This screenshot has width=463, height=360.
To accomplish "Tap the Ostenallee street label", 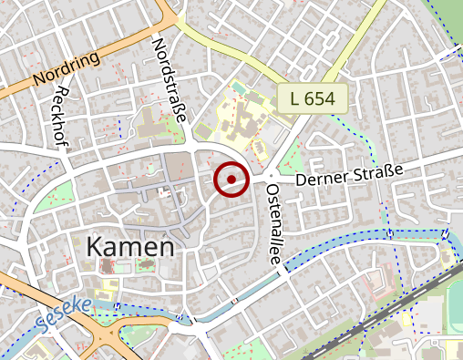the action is pos(273,223).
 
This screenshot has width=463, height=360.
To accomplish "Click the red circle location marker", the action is pos(231,179).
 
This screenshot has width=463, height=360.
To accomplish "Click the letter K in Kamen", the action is pos(95,246).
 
